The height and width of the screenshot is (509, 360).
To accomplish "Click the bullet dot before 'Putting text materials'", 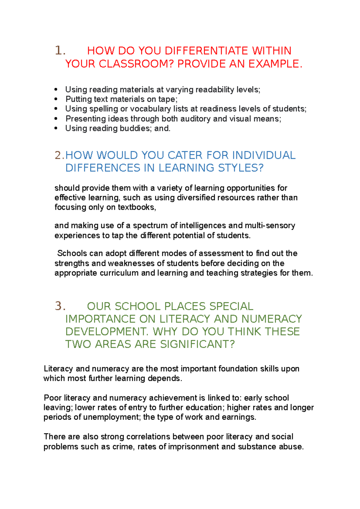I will [56, 99].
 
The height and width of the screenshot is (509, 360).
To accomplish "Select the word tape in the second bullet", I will [167, 99].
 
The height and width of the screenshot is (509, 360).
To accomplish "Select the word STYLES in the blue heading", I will [240, 168].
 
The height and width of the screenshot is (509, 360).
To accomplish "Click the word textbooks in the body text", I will [136, 207].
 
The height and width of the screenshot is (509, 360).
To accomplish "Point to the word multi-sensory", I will [270, 225].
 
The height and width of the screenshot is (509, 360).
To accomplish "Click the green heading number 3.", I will [60, 306].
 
